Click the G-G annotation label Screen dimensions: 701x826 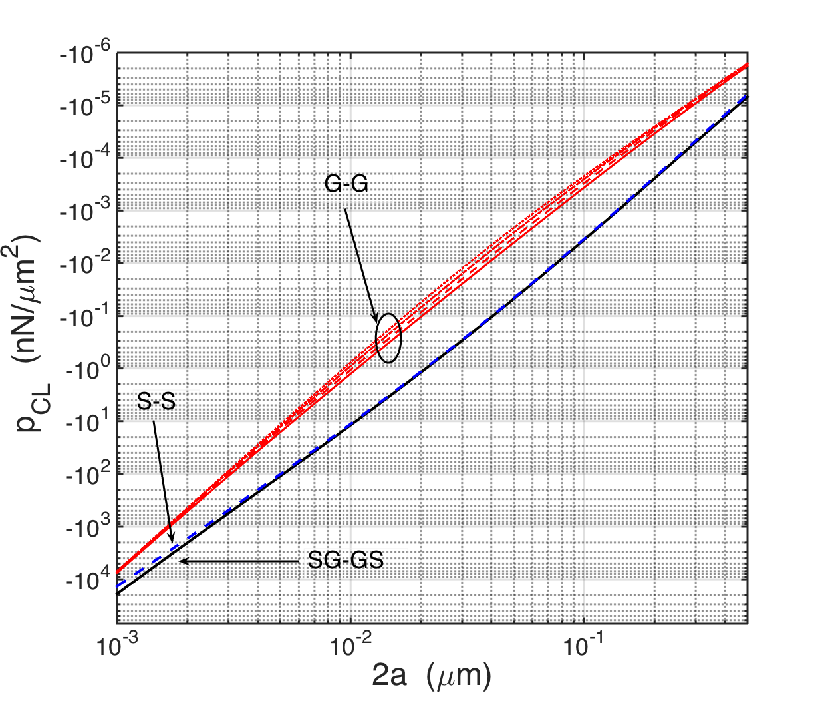tap(346, 184)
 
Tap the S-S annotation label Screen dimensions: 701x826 tap(156, 401)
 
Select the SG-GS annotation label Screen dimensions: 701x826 tap(345, 560)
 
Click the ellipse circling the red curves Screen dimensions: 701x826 tap(388, 338)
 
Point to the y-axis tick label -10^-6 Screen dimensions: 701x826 tap(85, 55)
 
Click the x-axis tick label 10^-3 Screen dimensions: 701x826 tap(118, 644)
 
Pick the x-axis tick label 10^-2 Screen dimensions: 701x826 tap(350, 644)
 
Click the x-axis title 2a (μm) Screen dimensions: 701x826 tap(432, 675)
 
